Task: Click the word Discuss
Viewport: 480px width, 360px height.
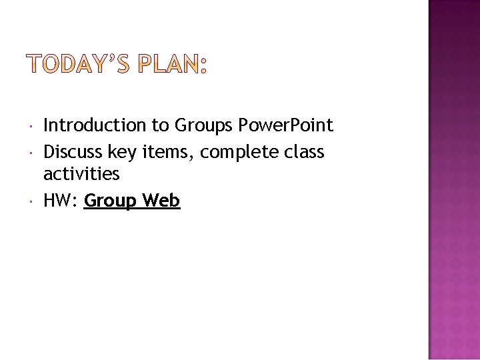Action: (x=72, y=152)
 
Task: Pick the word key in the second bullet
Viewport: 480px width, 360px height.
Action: (x=122, y=153)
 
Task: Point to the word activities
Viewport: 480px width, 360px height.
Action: (x=81, y=175)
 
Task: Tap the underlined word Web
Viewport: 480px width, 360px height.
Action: (x=161, y=201)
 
